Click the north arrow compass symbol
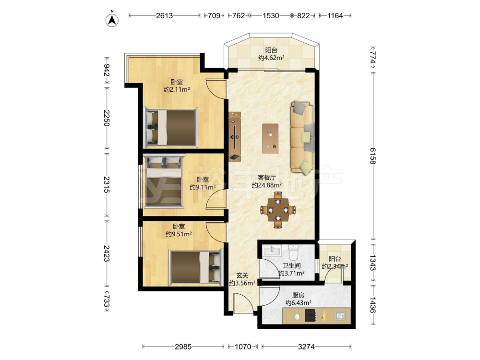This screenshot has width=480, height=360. [x=112, y=20]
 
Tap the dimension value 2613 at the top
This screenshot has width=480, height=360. [x=164, y=16]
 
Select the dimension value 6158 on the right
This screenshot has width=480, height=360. [x=372, y=156]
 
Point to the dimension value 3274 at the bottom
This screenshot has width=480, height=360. [x=306, y=347]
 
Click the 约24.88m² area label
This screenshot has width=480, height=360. [x=267, y=185]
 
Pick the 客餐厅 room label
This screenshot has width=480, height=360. [x=267, y=177]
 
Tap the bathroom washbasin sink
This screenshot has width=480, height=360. [x=272, y=251]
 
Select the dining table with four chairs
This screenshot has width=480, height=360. [x=278, y=210]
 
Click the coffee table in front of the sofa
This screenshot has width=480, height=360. [x=270, y=138]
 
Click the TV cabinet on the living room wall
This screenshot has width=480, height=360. [x=235, y=136]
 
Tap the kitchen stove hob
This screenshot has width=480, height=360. [x=310, y=315]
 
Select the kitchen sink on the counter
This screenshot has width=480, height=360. [x=340, y=315]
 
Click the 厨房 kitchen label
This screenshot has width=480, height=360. [x=299, y=295]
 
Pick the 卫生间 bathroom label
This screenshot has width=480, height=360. [x=291, y=266]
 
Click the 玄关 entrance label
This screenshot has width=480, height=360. [x=242, y=276]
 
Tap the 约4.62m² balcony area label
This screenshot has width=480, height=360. [x=272, y=58]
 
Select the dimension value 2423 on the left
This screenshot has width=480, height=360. [x=106, y=253]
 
